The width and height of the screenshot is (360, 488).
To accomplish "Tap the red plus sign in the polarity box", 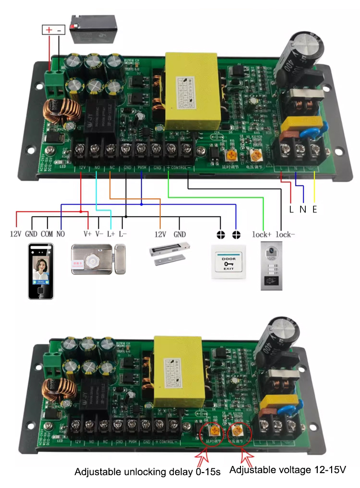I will tap(48, 30).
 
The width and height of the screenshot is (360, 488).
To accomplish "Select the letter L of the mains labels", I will tap(291, 210).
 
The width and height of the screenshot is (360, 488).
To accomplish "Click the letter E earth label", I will tap(314, 210).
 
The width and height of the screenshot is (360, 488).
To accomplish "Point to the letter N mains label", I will tap(302, 210).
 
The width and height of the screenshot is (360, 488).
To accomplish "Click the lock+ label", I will tap(262, 235).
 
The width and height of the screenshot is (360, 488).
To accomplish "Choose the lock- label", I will tap(287, 235).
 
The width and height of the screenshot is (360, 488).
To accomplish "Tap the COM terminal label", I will tap(47, 234).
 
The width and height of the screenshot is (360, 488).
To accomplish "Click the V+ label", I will tap(87, 234).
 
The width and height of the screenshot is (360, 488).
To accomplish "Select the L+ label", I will tap(111, 234).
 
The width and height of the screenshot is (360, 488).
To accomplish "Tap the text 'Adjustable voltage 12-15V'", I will tap(288, 469).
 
